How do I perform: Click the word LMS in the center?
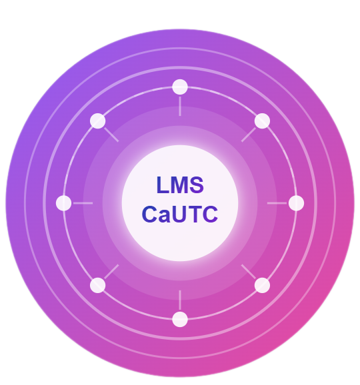180,185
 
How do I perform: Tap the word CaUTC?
180,214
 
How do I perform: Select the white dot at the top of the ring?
180,87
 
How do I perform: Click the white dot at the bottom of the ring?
180,319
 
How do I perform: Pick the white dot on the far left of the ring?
63,203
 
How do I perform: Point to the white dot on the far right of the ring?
297,203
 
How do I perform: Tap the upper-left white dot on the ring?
98,121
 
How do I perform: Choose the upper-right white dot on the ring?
262,121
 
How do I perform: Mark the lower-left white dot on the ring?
98,285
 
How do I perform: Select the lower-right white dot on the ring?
262,285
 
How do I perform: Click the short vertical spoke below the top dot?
180,107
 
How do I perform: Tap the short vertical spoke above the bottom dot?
180,300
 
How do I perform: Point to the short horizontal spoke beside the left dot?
83,203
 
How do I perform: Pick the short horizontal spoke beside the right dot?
277,203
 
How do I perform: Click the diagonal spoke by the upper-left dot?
111,135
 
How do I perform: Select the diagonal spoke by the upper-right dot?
249,135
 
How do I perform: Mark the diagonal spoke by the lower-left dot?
111,272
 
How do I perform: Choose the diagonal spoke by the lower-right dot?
249,272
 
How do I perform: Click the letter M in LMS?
179,185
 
